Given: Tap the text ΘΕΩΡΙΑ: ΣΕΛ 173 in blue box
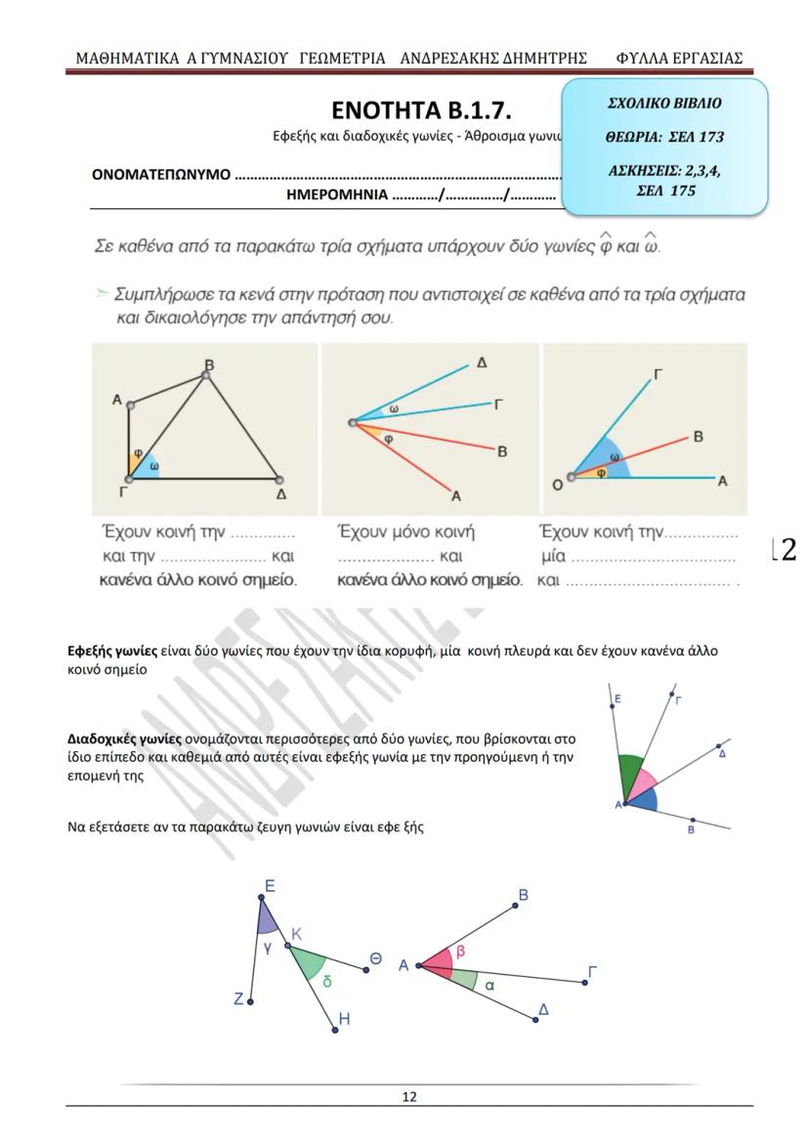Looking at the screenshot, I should tap(665, 137).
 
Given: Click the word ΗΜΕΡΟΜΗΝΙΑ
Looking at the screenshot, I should tap(335, 193).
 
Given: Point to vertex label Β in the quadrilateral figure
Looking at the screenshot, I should tap(208, 365).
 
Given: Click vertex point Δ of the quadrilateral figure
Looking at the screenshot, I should tap(278, 480).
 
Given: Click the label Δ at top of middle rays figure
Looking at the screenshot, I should tap(481, 362).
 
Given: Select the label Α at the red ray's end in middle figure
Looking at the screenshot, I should tap(455, 496).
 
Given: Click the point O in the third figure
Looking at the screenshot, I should tap(572, 477).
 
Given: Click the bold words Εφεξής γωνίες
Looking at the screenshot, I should tap(111, 651).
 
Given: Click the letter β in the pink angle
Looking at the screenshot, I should tap(460, 950).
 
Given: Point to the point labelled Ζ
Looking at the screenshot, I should tap(250, 1001).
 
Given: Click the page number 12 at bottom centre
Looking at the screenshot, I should tap(409, 1096).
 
